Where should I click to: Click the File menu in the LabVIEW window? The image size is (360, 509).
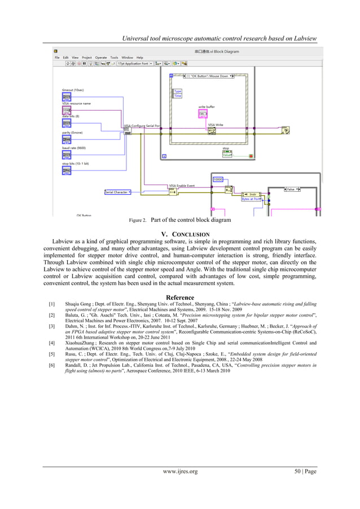tap(57, 57)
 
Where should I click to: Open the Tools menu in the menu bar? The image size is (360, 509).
tap(114, 57)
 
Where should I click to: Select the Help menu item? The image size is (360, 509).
tap(139, 57)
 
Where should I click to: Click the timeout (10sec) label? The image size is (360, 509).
tap(74, 90)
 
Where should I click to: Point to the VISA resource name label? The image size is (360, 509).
tap(76, 103)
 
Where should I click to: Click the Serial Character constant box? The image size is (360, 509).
tap(117, 192)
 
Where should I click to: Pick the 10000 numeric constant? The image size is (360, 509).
tap(218, 179)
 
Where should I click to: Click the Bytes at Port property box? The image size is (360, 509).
tap(251, 199)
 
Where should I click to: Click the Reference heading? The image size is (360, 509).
tap(179, 297)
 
